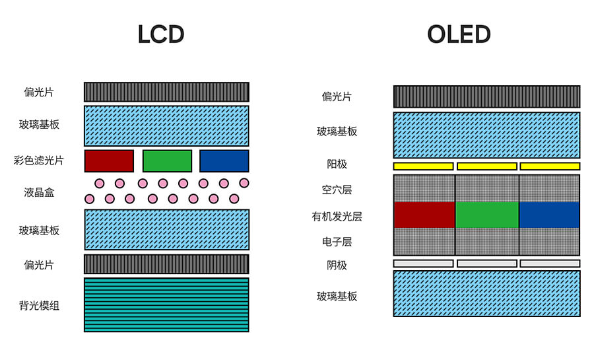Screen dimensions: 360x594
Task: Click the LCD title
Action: click(x=160, y=34)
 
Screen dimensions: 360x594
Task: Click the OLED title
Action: click(x=459, y=34)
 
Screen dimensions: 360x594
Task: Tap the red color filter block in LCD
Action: click(x=109, y=161)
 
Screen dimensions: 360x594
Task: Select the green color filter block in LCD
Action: click(x=167, y=161)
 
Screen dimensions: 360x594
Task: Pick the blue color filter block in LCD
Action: click(x=224, y=161)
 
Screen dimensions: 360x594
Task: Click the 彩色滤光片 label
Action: click(x=39, y=161)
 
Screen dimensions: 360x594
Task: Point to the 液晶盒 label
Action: click(x=39, y=192)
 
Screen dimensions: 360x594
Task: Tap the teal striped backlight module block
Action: click(x=166, y=305)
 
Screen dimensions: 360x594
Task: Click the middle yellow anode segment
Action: click(x=486, y=166)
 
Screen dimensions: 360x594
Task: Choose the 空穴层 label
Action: click(x=337, y=190)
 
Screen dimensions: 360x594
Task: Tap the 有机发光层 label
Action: click(x=337, y=216)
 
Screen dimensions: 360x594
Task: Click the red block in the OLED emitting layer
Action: click(x=424, y=215)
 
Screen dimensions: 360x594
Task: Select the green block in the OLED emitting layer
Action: click(x=487, y=215)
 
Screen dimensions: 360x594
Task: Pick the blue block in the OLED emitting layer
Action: click(x=549, y=215)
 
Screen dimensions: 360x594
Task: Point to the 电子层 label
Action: click(x=337, y=242)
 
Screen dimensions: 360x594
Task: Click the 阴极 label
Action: click(x=337, y=265)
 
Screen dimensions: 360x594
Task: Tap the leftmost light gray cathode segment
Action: click(x=423, y=264)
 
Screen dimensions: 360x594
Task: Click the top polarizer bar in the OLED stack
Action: click(x=486, y=96)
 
